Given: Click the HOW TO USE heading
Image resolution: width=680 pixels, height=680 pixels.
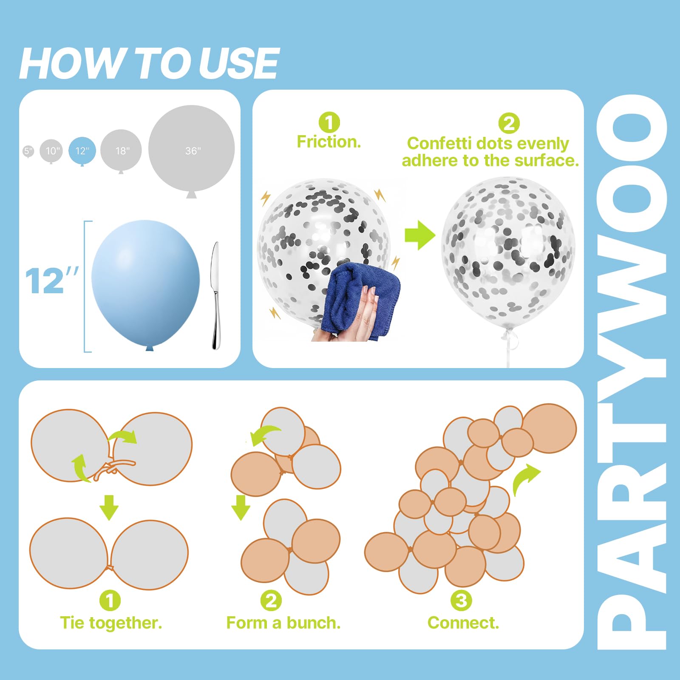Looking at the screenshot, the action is click(x=149, y=63).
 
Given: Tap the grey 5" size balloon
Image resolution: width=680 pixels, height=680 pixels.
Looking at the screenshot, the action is click(x=28, y=151).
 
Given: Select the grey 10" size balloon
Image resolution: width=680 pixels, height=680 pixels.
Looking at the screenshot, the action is click(x=51, y=151).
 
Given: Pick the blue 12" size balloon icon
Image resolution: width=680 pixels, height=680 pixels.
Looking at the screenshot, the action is click(x=82, y=151).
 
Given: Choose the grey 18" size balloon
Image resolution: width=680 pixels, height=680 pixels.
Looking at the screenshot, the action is click(x=121, y=151).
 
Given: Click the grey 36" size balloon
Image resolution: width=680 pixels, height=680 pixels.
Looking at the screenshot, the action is click(x=192, y=151).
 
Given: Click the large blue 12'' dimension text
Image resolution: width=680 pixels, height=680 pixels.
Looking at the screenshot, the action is click(x=52, y=280).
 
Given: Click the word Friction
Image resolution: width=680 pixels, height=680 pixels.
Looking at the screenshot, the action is click(x=329, y=142).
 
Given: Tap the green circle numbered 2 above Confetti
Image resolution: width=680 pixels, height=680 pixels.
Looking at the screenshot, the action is click(x=509, y=123).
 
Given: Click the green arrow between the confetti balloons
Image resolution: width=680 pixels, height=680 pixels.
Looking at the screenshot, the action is click(x=420, y=235).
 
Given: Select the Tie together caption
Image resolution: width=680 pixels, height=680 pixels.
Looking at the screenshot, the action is click(x=111, y=623).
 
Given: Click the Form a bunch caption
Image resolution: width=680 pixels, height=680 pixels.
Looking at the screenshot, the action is click(x=283, y=623).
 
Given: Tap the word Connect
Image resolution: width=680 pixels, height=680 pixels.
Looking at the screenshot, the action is click(x=463, y=623).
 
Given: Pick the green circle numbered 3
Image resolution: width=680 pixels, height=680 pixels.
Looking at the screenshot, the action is click(x=461, y=601).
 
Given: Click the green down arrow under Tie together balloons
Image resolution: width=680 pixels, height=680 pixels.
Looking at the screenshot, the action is click(x=109, y=507).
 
